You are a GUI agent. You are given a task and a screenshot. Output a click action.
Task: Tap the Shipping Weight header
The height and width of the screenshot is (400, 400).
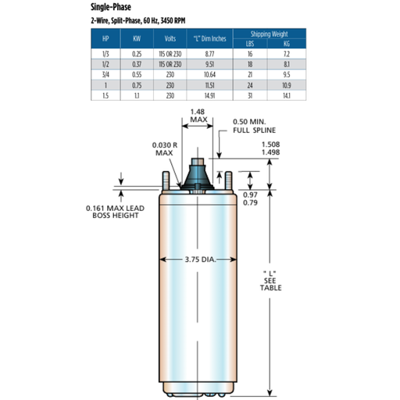pyautogui.click(x=270, y=34)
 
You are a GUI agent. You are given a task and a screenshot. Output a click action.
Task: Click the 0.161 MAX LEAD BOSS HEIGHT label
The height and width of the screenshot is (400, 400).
pyautogui.click(x=112, y=211)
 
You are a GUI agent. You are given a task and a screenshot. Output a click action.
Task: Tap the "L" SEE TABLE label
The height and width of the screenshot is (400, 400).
pyautogui.click(x=272, y=280)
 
